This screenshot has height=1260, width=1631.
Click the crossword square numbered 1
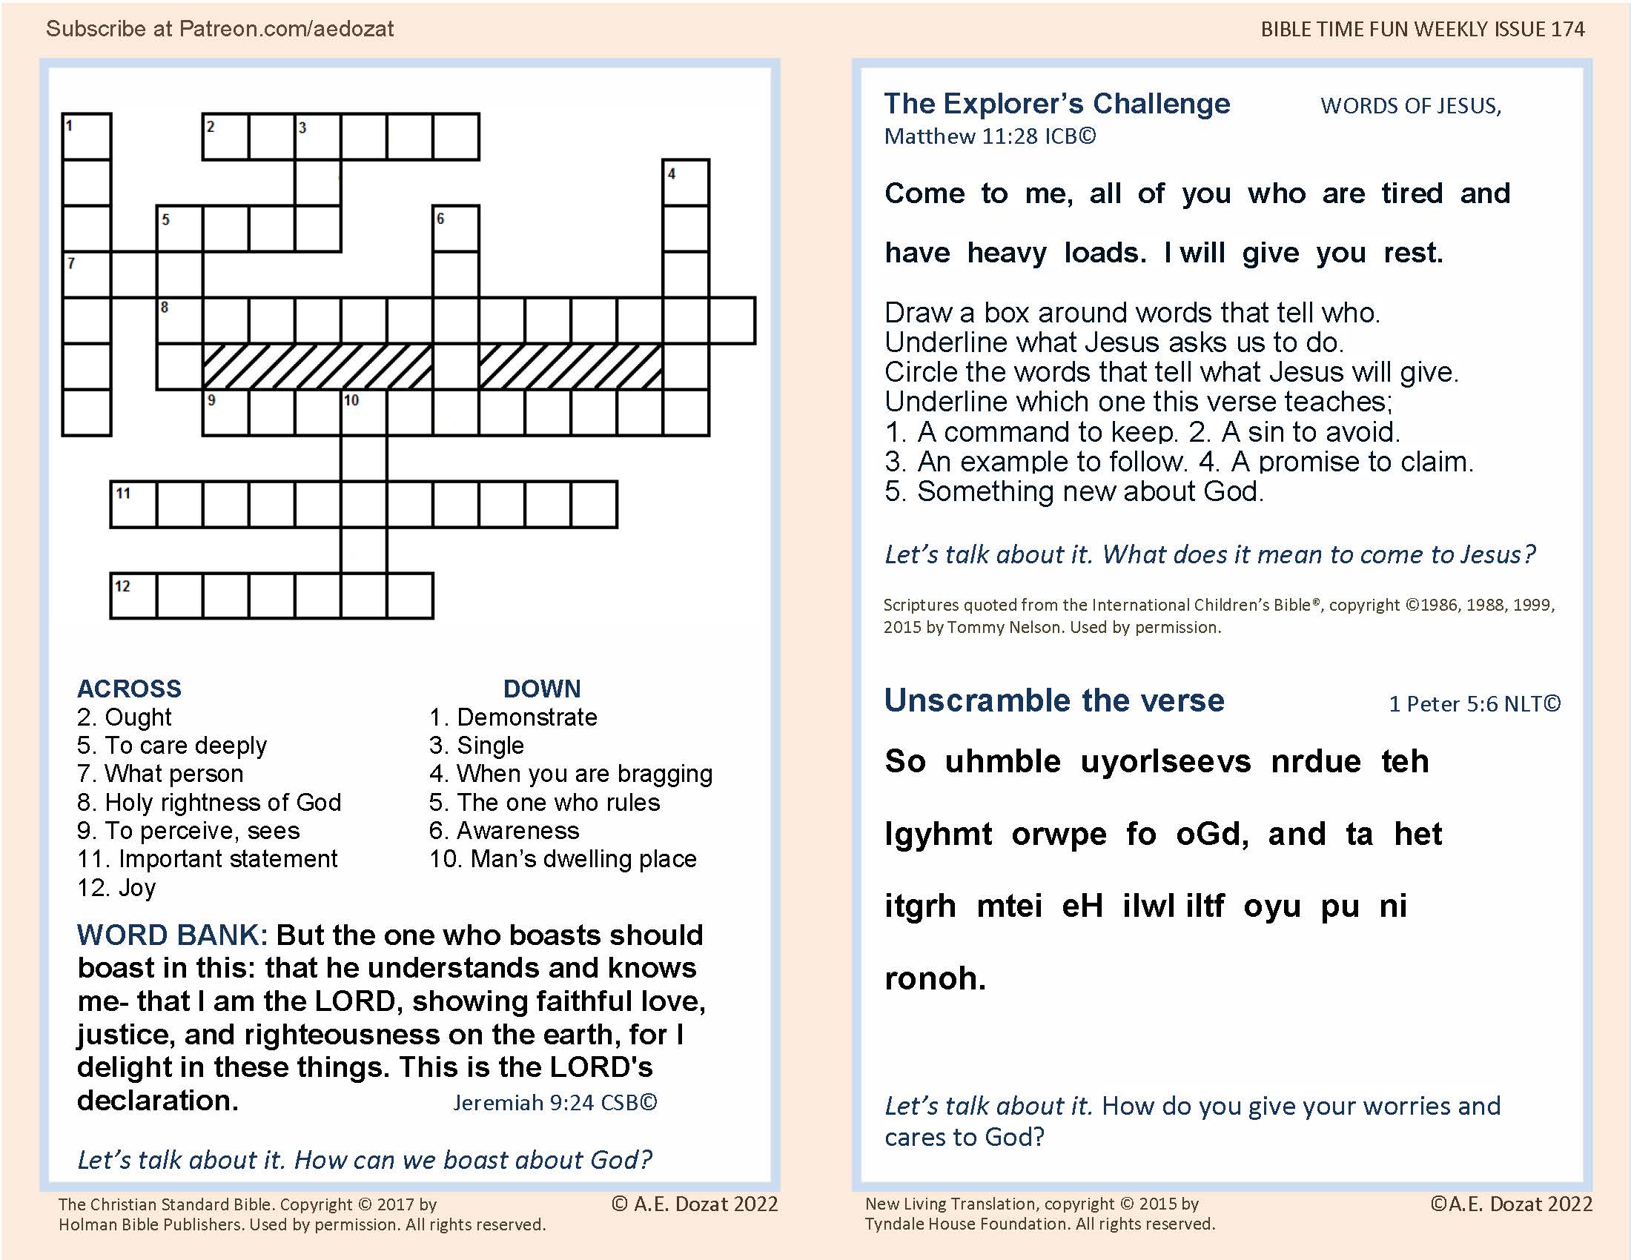(x=87, y=136)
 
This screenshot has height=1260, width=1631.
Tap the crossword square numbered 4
(x=686, y=183)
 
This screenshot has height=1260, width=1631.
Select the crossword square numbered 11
(x=133, y=505)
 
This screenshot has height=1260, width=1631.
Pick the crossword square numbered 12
(x=133, y=597)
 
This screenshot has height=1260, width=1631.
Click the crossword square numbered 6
(x=455, y=229)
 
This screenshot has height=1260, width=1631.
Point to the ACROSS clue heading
(x=129, y=689)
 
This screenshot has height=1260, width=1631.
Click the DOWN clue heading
(x=541, y=689)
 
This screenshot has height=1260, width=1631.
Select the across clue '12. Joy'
(x=116, y=887)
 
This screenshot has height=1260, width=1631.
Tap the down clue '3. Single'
(x=477, y=745)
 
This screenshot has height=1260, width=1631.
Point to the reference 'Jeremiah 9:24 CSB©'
(x=555, y=1103)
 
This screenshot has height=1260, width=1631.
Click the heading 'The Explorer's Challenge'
(x=1056, y=104)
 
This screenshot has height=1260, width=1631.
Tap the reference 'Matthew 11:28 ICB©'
(x=990, y=136)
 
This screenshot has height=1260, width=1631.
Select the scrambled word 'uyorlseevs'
(x=1165, y=761)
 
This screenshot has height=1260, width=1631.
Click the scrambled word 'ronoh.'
(x=935, y=978)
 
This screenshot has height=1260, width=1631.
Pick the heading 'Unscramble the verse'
(x=1053, y=700)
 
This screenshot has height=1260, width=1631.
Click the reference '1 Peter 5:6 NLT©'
(x=1474, y=704)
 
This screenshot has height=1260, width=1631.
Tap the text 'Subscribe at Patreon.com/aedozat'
(x=219, y=28)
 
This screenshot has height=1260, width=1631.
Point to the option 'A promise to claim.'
(x=1352, y=462)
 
